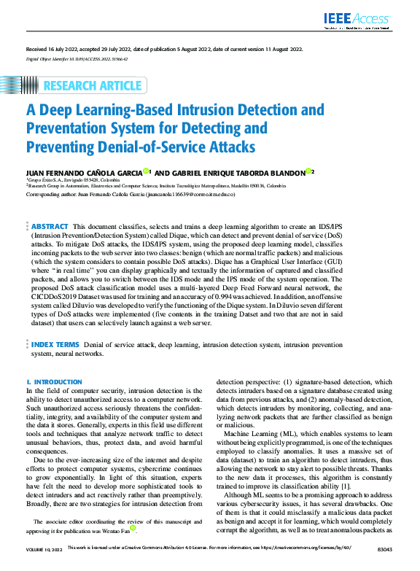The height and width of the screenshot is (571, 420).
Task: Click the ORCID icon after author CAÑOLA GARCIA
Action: pos(147,172)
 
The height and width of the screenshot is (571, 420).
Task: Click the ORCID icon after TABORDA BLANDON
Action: pos(309,172)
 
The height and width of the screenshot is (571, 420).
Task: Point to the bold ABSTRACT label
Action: pos(50,227)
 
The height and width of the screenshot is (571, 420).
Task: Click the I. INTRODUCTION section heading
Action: pos(54,381)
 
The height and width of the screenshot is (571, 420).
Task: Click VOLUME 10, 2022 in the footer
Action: pos(44,566)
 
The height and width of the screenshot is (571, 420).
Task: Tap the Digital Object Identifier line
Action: pos(77,56)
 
